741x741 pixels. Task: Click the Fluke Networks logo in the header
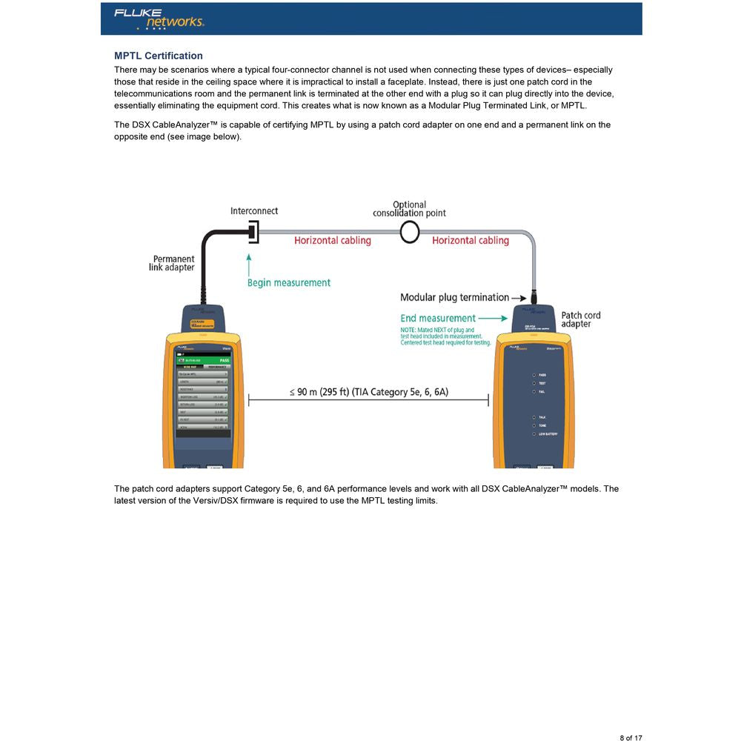[159, 19]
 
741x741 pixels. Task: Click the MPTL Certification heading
[158, 56]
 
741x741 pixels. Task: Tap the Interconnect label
[253, 211]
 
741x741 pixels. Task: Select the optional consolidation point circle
[410, 232]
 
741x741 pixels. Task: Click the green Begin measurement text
[288, 282]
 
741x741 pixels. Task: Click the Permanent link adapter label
[173, 263]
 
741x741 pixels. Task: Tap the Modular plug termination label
[454, 297]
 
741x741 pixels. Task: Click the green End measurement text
[437, 319]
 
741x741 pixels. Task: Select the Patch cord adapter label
[580, 319]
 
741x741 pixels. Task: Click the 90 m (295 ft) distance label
[369, 392]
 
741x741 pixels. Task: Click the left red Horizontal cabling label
[332, 241]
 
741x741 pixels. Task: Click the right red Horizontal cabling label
[470, 241]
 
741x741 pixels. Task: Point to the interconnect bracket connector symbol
[253, 231]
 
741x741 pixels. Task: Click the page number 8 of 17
[631, 737]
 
